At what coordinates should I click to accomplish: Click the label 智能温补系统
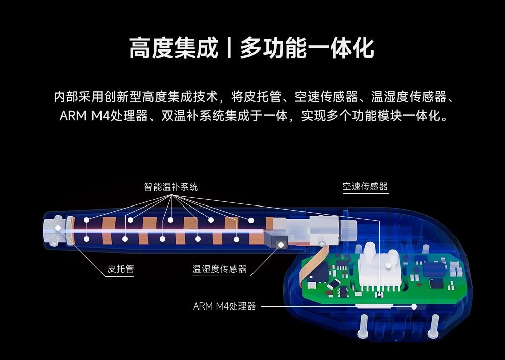coord(171,187)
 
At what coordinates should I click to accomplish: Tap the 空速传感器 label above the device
coord(365,186)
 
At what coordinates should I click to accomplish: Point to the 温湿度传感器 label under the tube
coord(220,269)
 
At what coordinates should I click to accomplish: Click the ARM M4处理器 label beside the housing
coord(225,306)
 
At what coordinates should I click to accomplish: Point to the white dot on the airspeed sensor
coord(389,264)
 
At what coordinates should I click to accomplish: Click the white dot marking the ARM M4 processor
coord(414,306)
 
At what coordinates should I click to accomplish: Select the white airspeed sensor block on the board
coord(379,270)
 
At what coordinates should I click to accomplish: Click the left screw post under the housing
coord(363,328)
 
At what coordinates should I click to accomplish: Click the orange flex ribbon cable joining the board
coord(309,265)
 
